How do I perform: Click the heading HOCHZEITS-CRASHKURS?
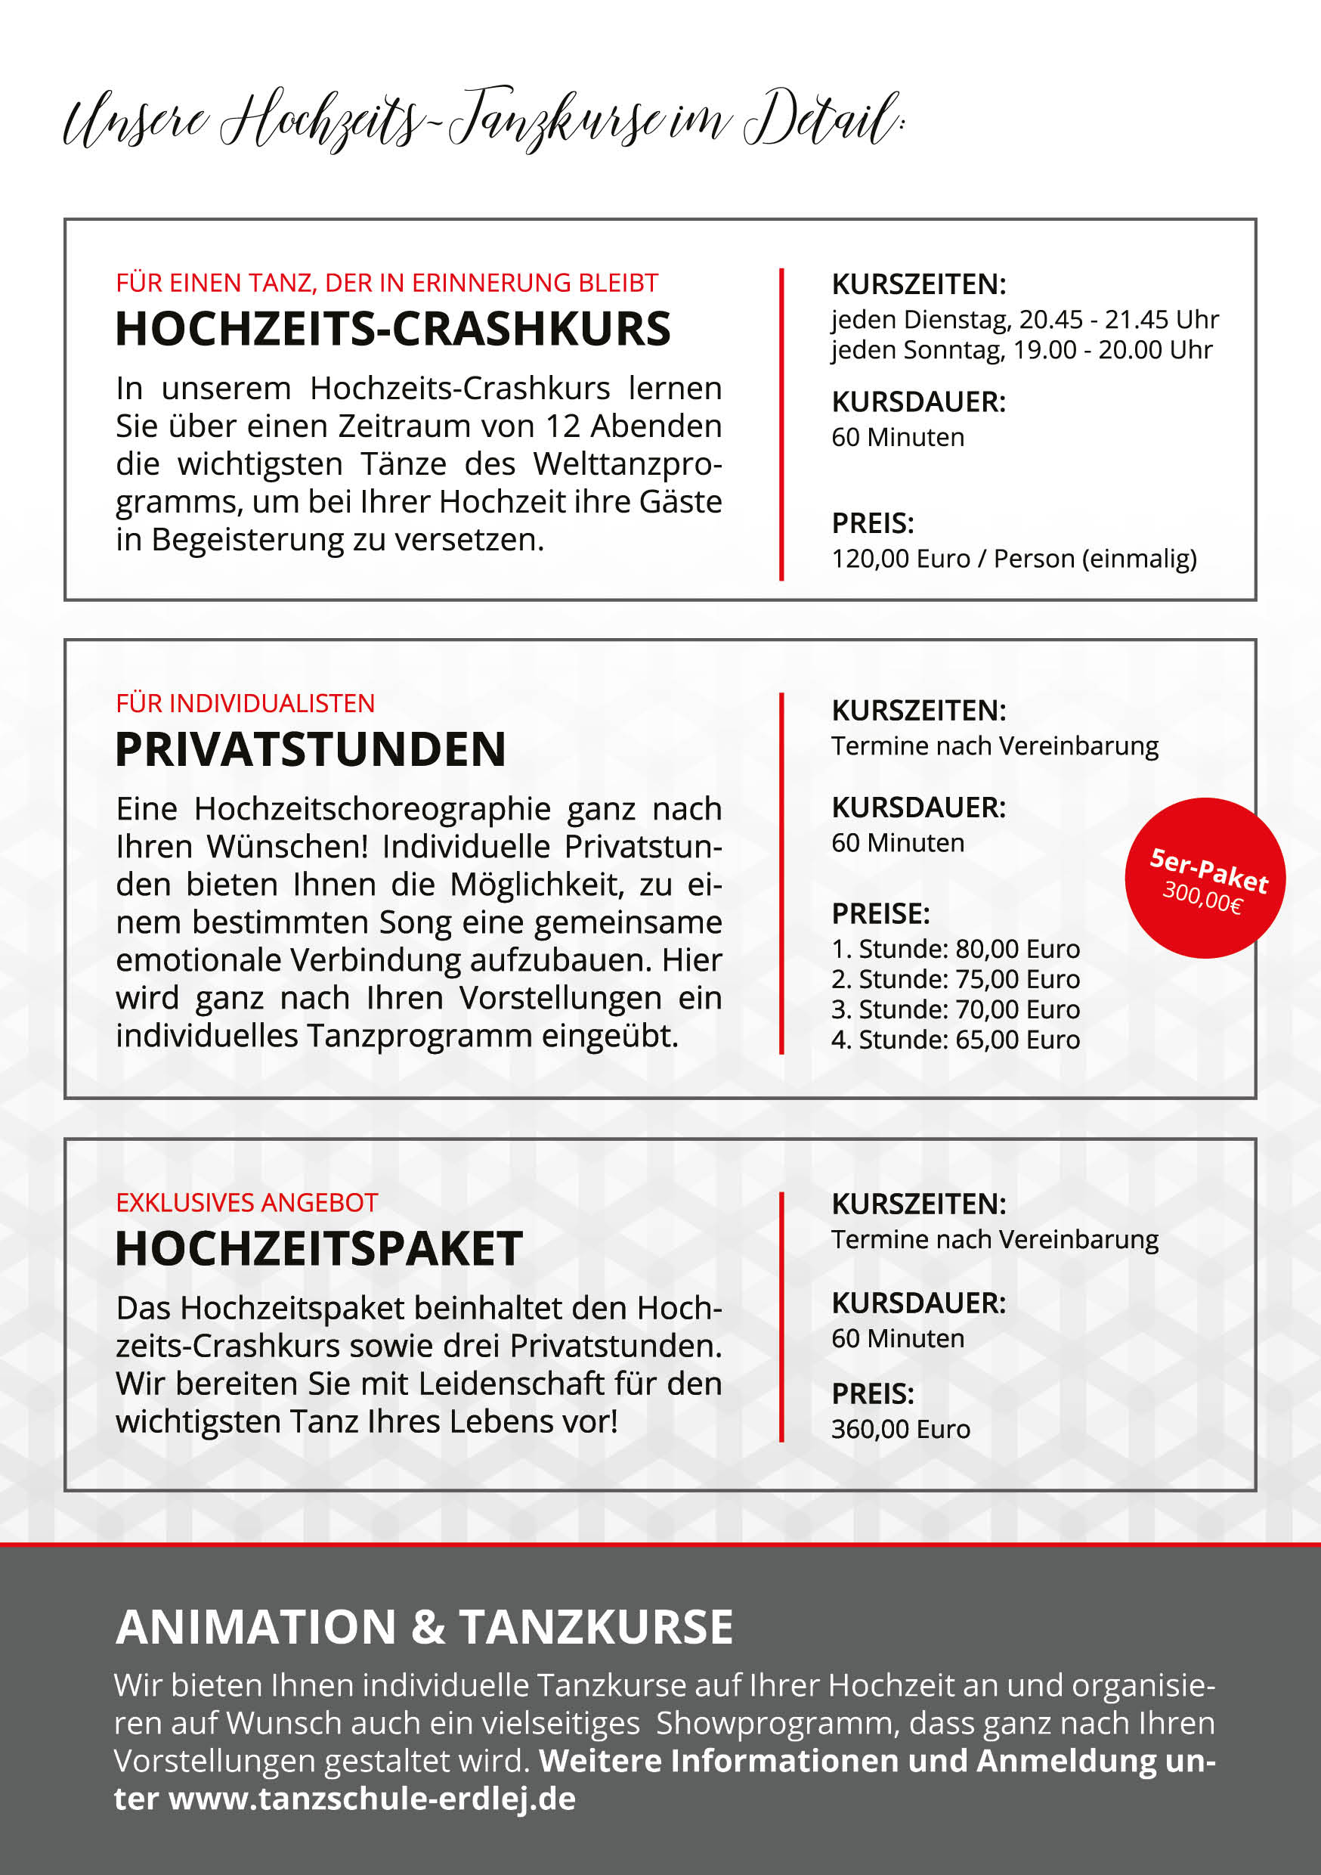pos(393,329)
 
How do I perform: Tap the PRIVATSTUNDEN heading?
pos(311,750)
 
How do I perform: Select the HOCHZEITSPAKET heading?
pos(318,1249)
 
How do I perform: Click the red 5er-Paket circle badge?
pos(1205,878)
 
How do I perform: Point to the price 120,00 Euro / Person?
pos(1013,559)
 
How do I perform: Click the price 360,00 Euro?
pos(901,1429)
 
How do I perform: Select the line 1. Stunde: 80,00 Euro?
pos(955,949)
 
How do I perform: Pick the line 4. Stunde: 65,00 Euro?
pos(955,1040)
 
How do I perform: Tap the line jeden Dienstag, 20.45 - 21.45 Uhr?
pos(1025,319)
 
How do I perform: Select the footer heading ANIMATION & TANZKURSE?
pos(425,1627)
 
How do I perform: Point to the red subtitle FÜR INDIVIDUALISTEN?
pos(245,703)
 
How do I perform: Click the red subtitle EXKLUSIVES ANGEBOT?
pos(246,1203)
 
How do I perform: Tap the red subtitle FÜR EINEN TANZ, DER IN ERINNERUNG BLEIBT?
pos(387,283)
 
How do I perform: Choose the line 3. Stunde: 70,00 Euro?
pos(955,1009)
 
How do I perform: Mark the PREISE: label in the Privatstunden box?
pos(880,913)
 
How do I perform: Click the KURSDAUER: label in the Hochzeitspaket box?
pos(918,1303)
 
